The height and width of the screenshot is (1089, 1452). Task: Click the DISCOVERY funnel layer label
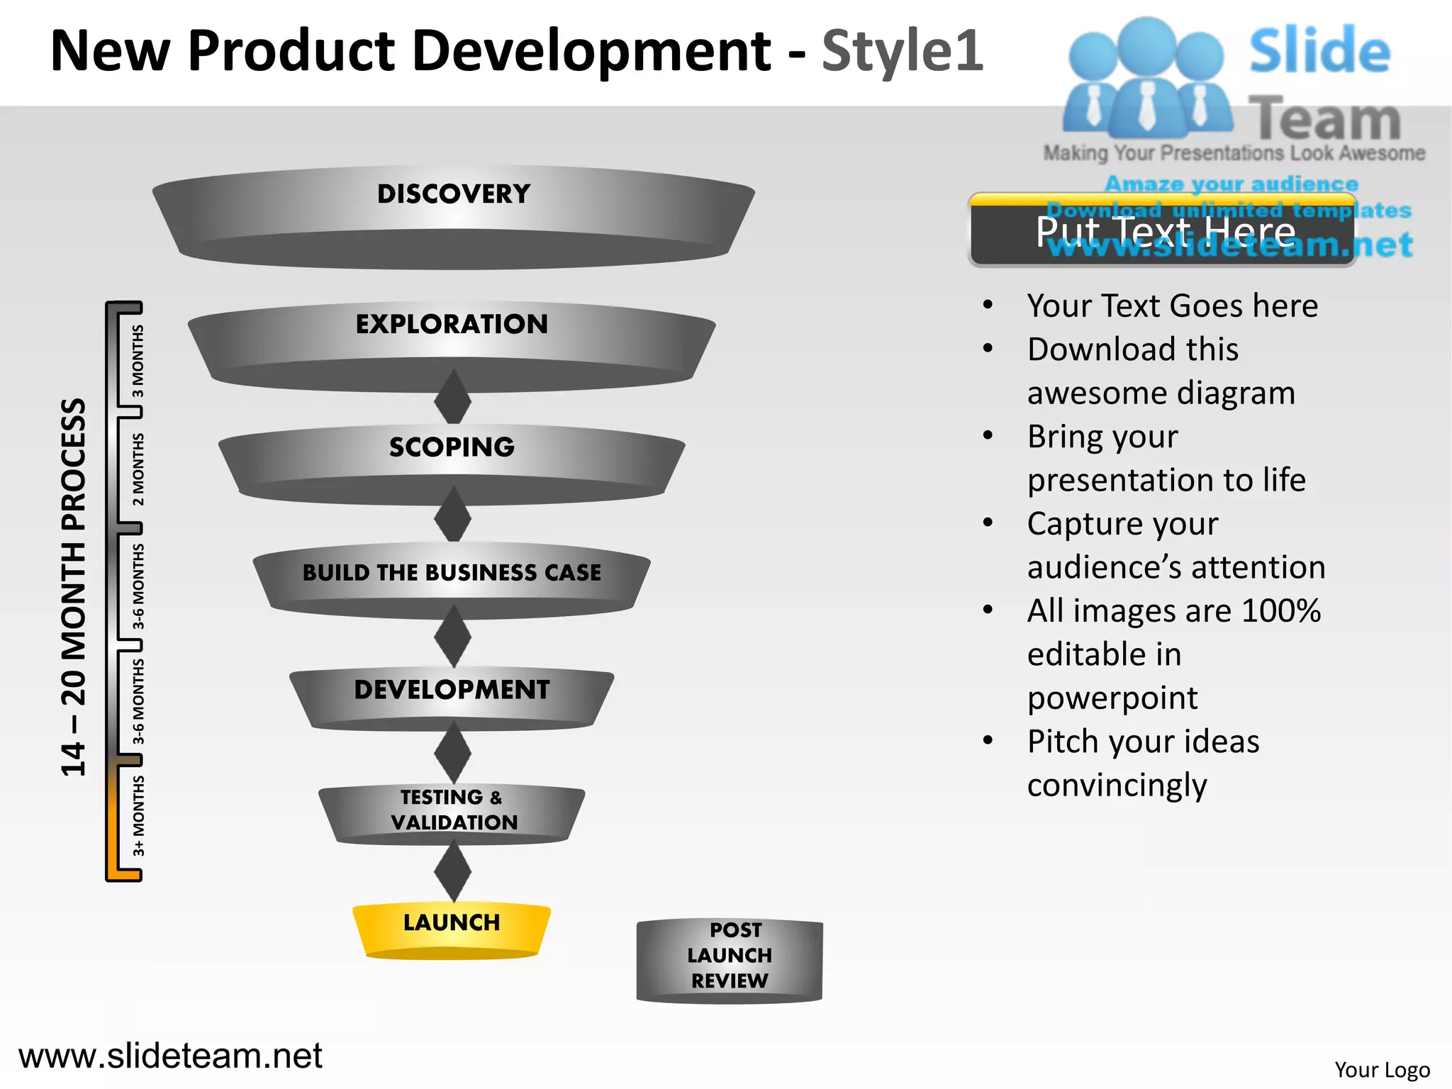tap(454, 194)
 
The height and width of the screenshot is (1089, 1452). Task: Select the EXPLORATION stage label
tap(452, 324)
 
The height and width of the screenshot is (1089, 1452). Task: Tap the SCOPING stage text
tap(452, 447)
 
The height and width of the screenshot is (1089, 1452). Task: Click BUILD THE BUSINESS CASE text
tap(452, 572)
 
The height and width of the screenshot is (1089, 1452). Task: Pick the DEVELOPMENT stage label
tap(452, 689)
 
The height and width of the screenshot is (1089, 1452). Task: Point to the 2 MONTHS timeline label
tap(138, 469)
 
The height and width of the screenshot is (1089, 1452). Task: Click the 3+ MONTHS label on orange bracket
tap(138, 815)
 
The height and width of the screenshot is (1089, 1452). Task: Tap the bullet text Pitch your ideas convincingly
tap(1143, 763)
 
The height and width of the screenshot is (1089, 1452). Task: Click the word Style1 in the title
tap(902, 51)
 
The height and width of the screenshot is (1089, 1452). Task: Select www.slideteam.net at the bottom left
tap(170, 1056)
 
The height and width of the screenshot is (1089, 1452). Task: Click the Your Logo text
tap(1381, 1069)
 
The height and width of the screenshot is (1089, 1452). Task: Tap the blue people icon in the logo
tap(1146, 78)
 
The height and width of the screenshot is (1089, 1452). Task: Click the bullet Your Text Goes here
tap(1172, 306)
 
